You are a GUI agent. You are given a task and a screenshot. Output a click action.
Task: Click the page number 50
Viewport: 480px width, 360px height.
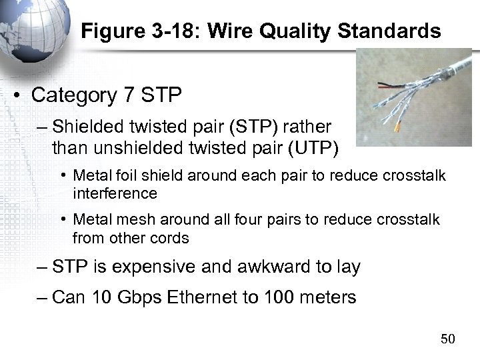point(448,339)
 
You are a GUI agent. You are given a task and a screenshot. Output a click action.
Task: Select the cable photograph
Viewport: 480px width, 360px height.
point(413,97)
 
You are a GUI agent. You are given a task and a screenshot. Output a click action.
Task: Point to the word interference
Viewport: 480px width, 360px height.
point(115,193)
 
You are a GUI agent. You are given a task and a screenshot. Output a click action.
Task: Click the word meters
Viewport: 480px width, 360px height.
point(325,297)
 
